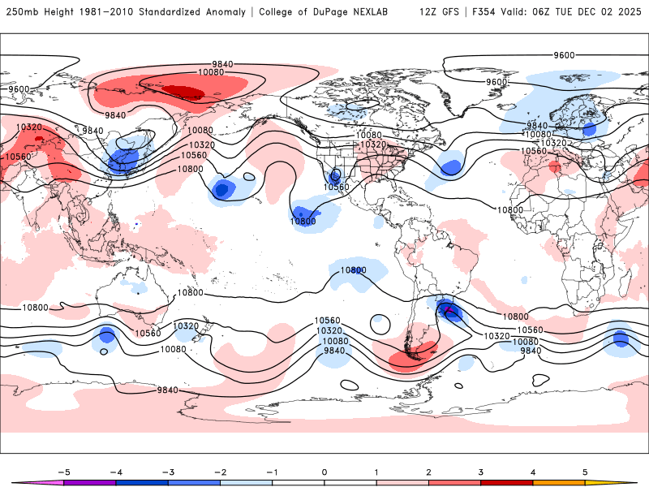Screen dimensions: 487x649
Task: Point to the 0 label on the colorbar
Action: click(x=324, y=471)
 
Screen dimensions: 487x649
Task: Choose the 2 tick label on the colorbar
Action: click(x=428, y=471)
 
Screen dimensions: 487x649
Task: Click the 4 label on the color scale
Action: click(x=533, y=471)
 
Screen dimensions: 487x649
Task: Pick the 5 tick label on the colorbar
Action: click(x=585, y=471)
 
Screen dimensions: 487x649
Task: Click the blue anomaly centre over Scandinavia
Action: click(x=589, y=128)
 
